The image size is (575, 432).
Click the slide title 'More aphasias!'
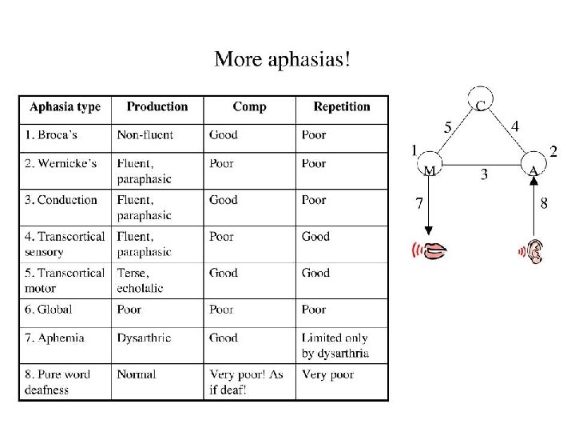pos(282,59)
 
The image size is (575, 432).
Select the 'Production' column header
pos(157,106)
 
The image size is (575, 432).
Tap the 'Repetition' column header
pos(342,106)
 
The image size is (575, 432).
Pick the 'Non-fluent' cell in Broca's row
pos(145,134)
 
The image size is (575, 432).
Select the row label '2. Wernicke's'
pos(61,163)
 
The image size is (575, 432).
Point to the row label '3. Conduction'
pos(61,200)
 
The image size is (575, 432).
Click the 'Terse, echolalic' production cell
pos(141,280)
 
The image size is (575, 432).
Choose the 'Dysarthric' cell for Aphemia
pos(144,338)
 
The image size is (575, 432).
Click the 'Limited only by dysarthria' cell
pos(335,346)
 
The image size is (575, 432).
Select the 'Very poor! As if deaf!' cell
pos(246,382)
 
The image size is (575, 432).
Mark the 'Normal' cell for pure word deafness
pos(137,374)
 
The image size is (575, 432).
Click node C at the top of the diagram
pos(479,102)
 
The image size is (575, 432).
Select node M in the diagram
pos(429,169)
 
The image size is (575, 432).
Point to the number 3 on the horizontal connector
pos(484,174)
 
